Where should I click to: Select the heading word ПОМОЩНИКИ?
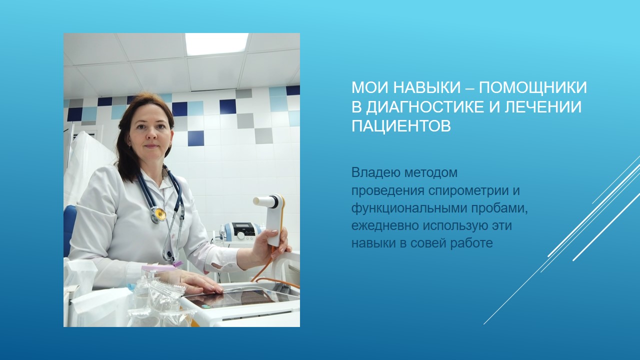pyautogui.click(x=533, y=87)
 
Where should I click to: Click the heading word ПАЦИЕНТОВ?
pyautogui.click(x=401, y=126)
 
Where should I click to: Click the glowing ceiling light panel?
pyautogui.click(x=216, y=44)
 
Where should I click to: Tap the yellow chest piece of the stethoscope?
pyautogui.click(x=159, y=214)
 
